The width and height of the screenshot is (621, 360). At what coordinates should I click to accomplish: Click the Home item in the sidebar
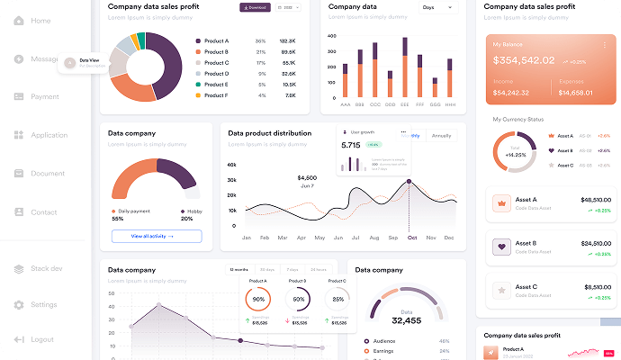point(40,21)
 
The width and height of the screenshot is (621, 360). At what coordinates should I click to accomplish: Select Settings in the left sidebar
point(43,305)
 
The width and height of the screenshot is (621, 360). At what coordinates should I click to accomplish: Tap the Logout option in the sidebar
point(42,339)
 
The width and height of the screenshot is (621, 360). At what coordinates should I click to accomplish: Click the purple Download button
point(255,7)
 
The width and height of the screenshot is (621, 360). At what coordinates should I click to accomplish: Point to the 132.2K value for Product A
point(288,41)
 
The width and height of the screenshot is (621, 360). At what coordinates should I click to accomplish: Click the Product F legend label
point(216,94)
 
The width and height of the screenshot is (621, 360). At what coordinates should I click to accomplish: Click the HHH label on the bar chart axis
point(450,104)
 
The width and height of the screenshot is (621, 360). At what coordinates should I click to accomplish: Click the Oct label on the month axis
point(412,238)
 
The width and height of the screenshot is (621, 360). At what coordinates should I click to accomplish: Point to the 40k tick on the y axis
point(232,166)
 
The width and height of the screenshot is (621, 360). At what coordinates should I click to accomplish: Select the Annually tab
point(441,136)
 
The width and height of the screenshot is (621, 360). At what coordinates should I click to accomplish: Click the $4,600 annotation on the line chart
point(307,177)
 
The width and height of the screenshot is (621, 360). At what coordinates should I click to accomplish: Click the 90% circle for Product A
point(259,299)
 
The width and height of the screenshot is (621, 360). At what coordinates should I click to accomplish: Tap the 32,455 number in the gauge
point(407,320)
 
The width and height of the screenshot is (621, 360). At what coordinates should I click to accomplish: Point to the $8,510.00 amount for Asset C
point(595,287)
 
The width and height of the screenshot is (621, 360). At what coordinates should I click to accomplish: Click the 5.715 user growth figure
point(350,144)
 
